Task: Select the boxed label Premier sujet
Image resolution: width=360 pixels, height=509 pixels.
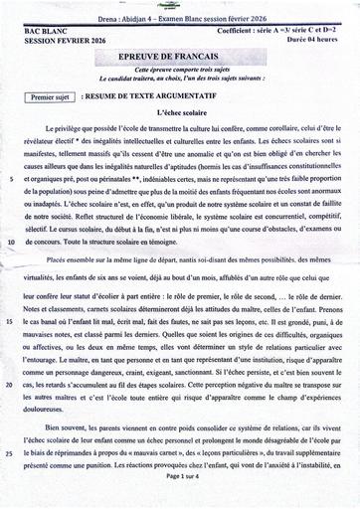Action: click(x=47, y=98)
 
